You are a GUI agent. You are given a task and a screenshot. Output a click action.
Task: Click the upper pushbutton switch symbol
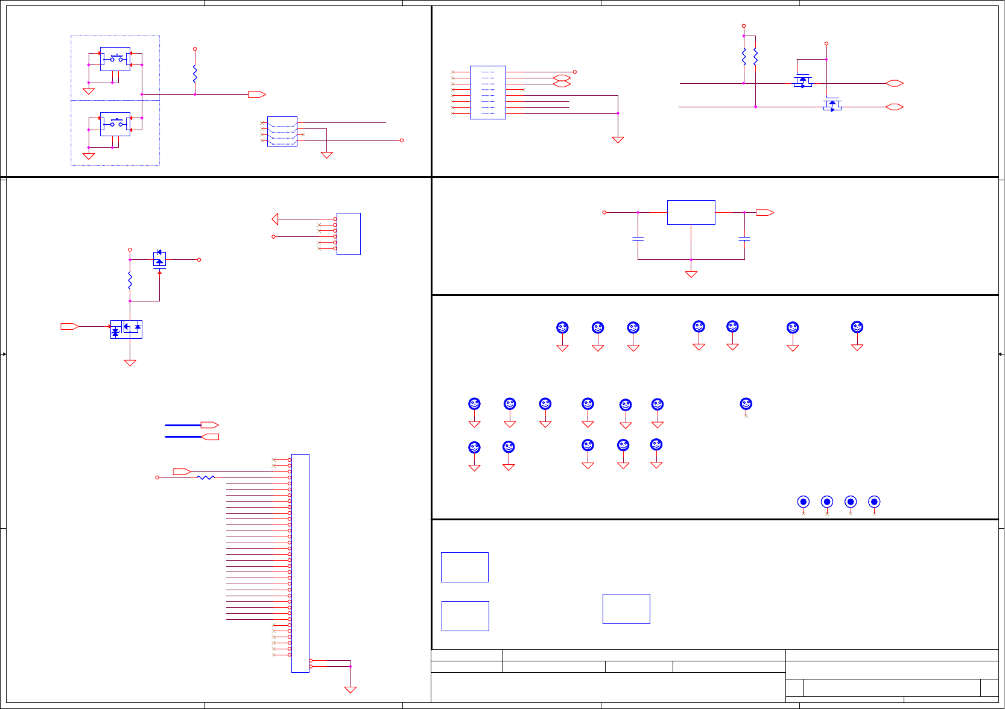pos(115,58)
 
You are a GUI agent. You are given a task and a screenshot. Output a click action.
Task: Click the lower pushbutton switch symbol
pos(115,124)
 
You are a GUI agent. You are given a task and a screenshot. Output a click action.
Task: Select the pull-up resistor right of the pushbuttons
pos(195,74)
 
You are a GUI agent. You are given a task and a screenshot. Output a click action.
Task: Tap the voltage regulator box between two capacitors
pos(691,212)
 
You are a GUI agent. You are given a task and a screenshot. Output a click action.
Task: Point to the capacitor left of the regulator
pos(638,239)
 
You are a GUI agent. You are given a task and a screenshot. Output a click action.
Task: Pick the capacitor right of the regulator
pos(744,239)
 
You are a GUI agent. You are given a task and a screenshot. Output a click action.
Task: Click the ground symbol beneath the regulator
pos(691,274)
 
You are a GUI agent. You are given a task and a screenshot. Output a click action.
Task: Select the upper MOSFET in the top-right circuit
pos(802,81)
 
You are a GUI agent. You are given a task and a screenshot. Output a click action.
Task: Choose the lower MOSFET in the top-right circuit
pos(832,105)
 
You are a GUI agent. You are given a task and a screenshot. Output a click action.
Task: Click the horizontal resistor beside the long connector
pos(206,477)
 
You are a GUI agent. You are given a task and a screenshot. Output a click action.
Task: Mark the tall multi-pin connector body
pos(300,563)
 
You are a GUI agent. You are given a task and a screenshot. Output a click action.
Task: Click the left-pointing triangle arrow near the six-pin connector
pos(275,219)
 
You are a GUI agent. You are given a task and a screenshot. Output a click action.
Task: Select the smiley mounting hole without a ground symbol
pos(746,404)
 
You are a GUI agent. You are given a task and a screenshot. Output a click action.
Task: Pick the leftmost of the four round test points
pos(803,502)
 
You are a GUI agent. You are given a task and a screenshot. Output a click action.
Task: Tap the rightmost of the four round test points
pos(874,502)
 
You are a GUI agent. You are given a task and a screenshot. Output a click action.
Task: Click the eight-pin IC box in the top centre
pos(487,92)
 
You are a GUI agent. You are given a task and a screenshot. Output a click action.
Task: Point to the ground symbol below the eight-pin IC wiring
pos(618,139)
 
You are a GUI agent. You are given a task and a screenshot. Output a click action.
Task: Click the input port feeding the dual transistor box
pos(69,326)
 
